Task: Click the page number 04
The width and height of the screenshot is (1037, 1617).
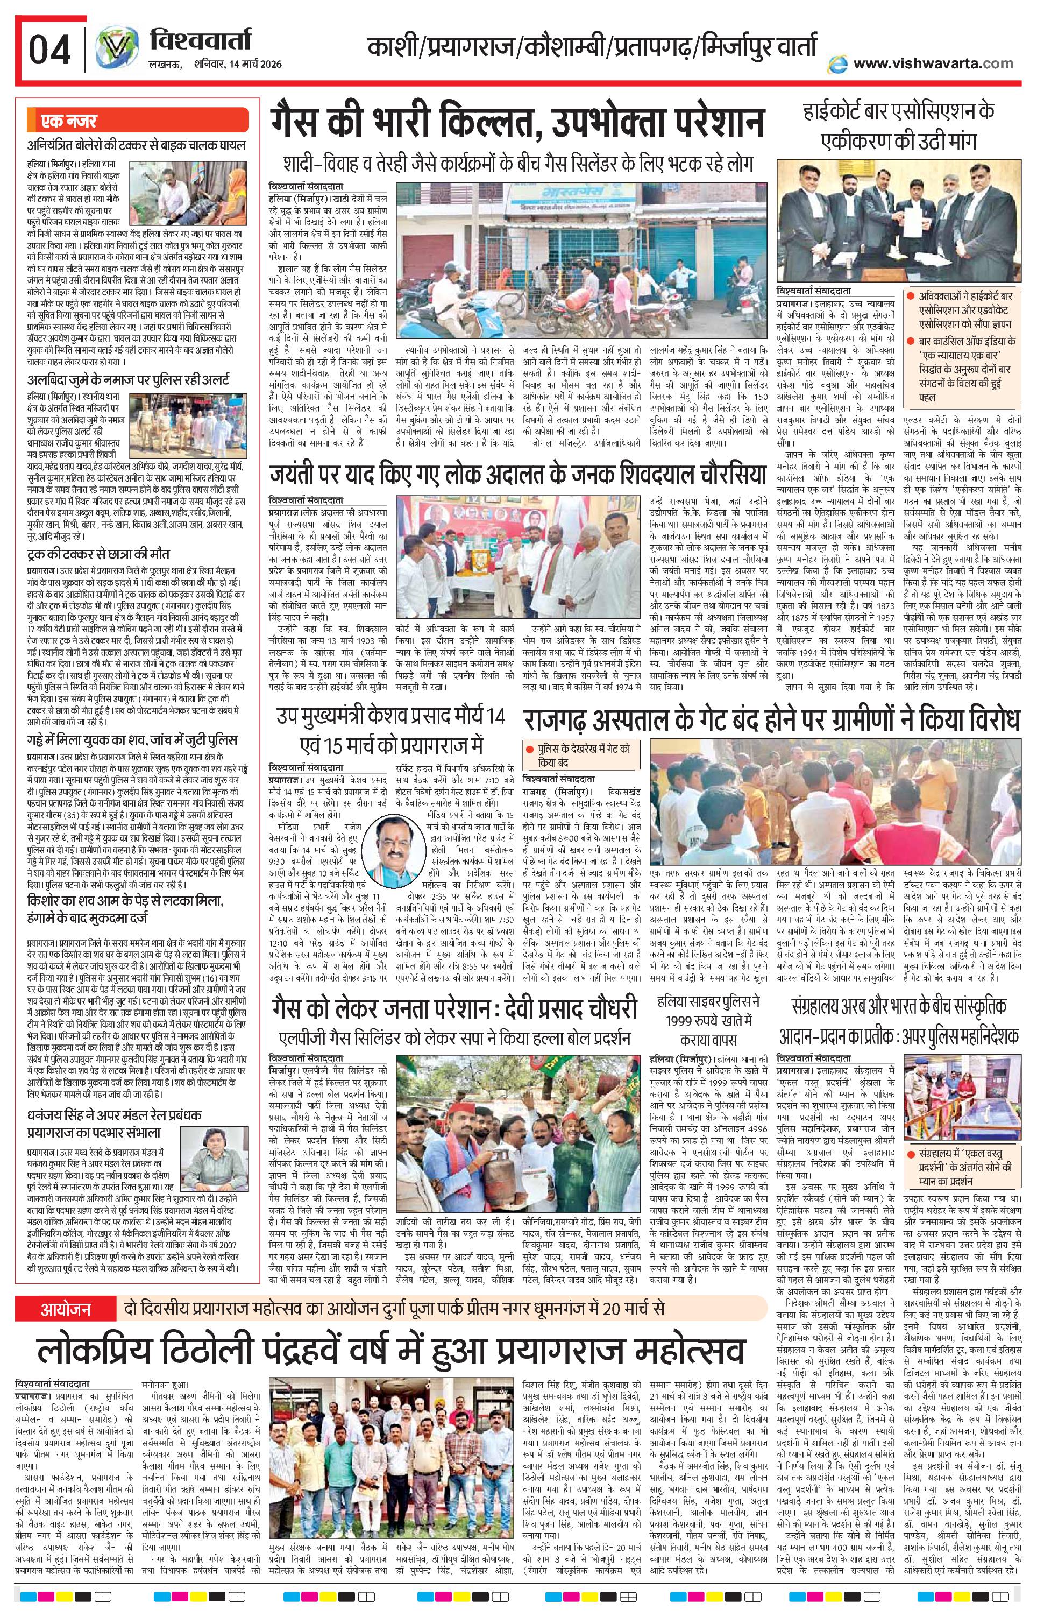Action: [x=48, y=49]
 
